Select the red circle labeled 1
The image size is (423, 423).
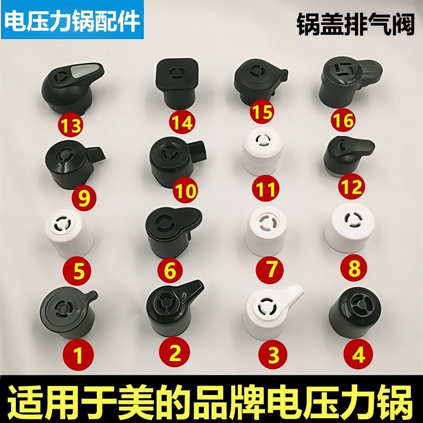(78, 355)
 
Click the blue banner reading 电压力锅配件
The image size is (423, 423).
(73, 20)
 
